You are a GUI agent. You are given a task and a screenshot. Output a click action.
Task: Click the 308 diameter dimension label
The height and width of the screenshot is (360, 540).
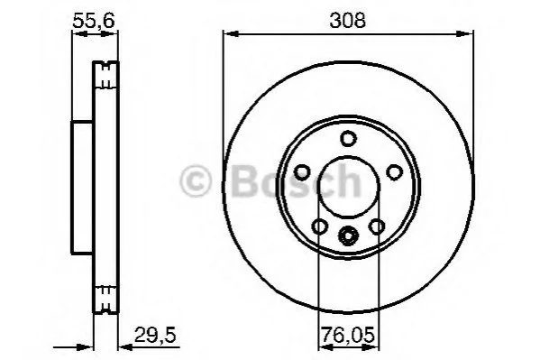(347, 21)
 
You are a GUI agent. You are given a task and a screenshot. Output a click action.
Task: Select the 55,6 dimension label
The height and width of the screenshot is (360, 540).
(94, 21)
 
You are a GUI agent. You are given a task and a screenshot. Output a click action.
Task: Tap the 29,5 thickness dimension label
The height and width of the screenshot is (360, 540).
(155, 335)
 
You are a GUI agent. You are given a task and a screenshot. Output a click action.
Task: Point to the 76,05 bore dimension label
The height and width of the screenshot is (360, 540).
(347, 335)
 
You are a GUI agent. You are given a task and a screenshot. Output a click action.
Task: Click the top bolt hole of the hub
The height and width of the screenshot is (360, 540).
(348, 138)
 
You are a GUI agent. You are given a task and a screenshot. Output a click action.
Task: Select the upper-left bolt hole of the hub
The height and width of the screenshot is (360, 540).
(303, 172)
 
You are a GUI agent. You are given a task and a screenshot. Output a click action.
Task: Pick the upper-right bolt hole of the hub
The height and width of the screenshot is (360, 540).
(394, 172)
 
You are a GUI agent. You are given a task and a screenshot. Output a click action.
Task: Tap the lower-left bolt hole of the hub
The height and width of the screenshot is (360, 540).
(320, 226)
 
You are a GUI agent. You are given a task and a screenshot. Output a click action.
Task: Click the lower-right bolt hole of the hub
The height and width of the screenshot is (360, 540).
(377, 226)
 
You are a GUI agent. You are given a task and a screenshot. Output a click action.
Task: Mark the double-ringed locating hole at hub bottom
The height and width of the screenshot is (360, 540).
(348, 235)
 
